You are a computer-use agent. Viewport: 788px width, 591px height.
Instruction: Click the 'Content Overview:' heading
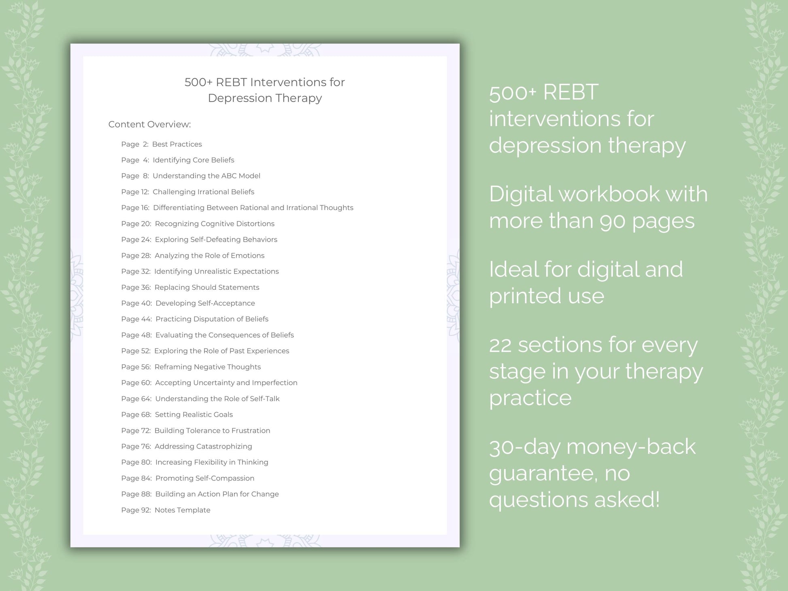pyautogui.click(x=149, y=124)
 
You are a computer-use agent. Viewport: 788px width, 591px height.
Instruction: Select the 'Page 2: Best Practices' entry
pyautogui.click(x=161, y=144)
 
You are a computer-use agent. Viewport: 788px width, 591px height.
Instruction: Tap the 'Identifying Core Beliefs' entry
pyautogui.click(x=193, y=160)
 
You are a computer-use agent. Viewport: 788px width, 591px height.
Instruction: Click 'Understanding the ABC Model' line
pyautogui.click(x=206, y=176)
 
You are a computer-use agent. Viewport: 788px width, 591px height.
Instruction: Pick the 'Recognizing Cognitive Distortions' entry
pyautogui.click(x=214, y=223)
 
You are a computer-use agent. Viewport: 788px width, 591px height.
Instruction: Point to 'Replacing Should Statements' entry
pyautogui.click(x=207, y=287)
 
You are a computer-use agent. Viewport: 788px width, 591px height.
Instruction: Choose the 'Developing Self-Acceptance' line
pyautogui.click(x=205, y=303)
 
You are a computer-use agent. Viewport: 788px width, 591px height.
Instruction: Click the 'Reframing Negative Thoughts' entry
pyautogui.click(x=207, y=367)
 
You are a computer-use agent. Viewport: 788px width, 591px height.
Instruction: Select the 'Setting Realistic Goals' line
pyautogui.click(x=194, y=415)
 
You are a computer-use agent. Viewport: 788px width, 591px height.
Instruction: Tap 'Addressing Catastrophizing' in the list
pyautogui.click(x=203, y=446)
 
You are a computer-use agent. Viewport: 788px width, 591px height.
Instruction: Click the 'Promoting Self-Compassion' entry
pyautogui.click(x=204, y=478)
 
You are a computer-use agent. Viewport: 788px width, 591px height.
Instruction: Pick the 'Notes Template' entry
pyautogui.click(x=182, y=510)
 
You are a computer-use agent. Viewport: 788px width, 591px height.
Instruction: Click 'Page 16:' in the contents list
pyautogui.click(x=135, y=208)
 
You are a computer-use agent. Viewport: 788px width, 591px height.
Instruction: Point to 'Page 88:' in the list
pyautogui.click(x=136, y=494)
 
